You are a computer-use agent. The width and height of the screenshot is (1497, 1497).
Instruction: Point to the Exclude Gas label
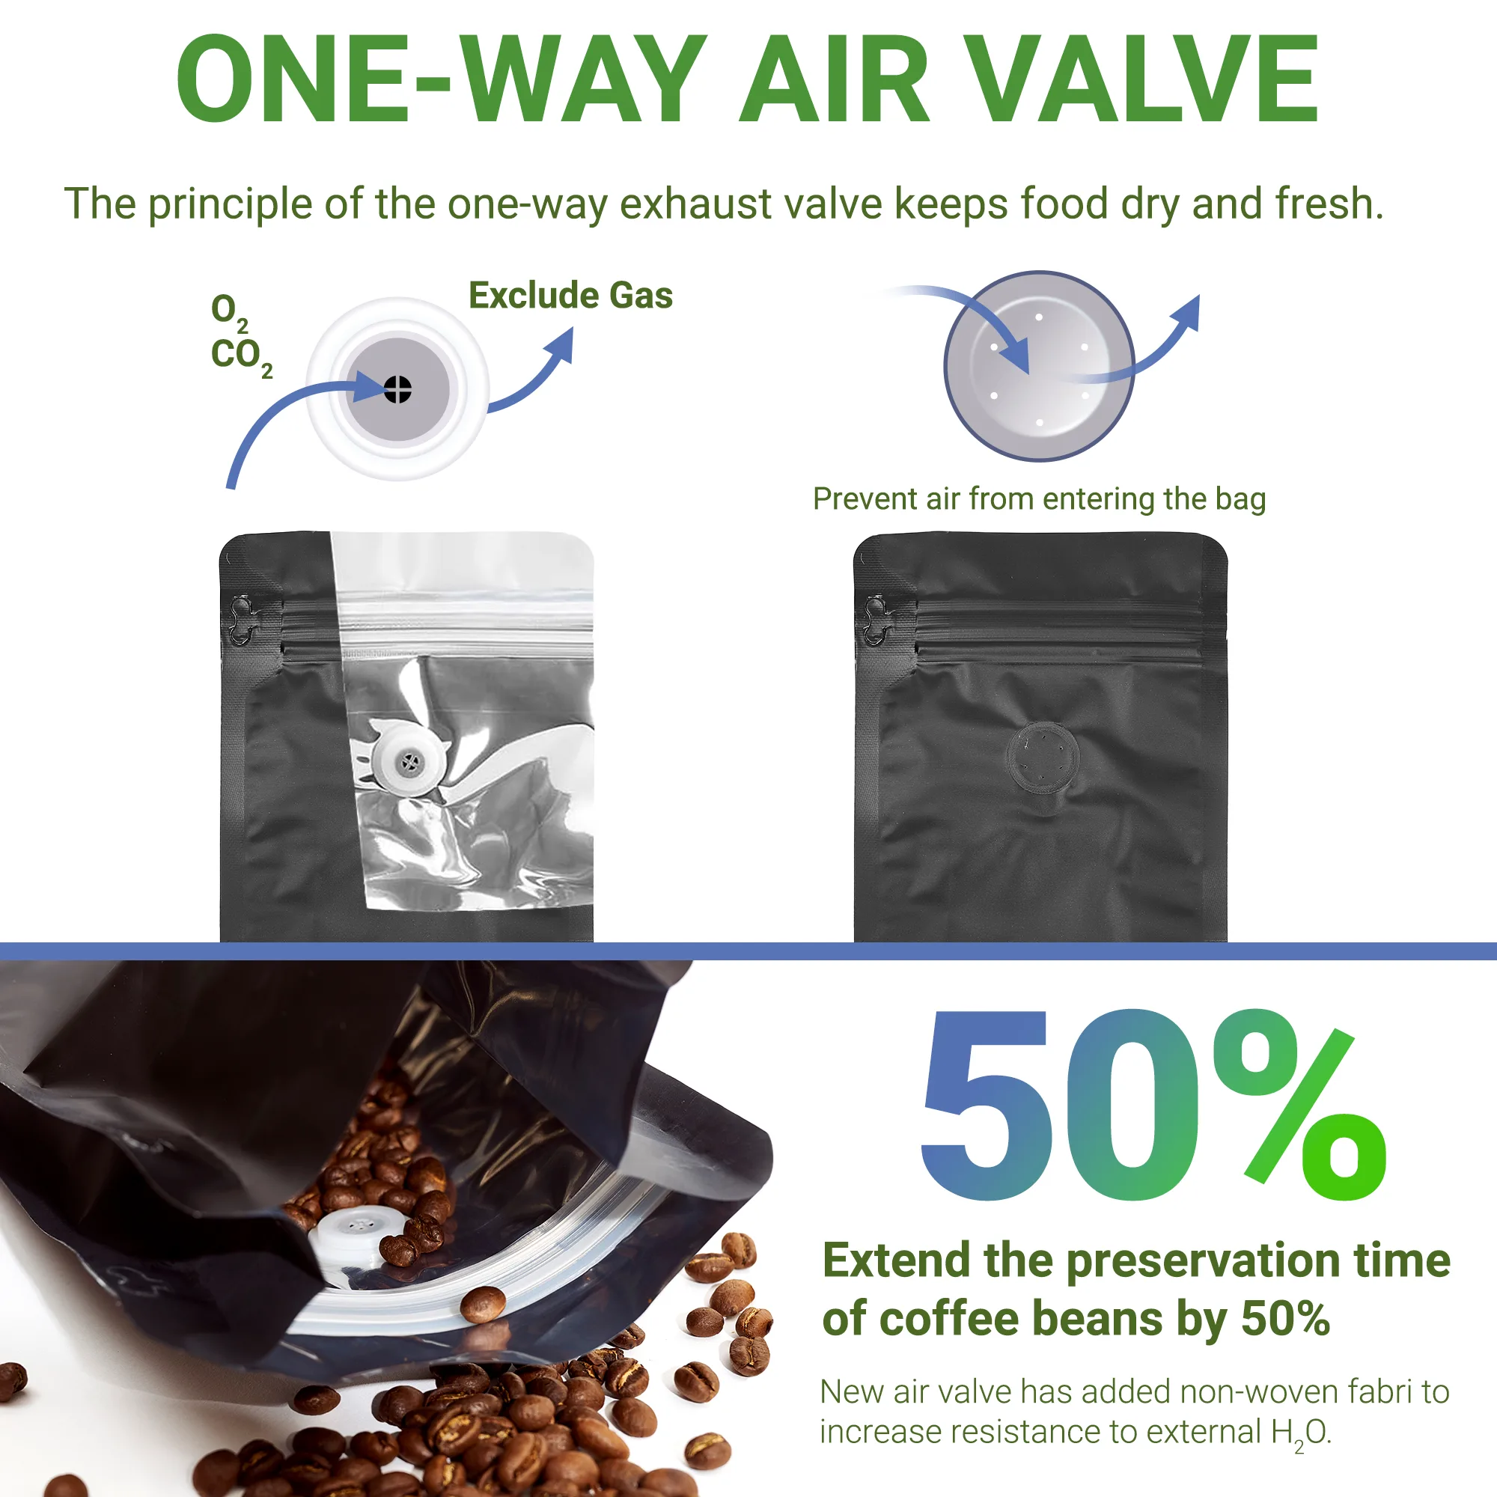570,296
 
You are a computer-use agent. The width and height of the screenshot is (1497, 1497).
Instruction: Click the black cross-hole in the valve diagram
397,389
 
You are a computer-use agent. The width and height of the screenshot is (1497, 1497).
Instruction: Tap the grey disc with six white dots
1039,366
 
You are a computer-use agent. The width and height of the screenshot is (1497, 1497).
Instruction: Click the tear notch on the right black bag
876,621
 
